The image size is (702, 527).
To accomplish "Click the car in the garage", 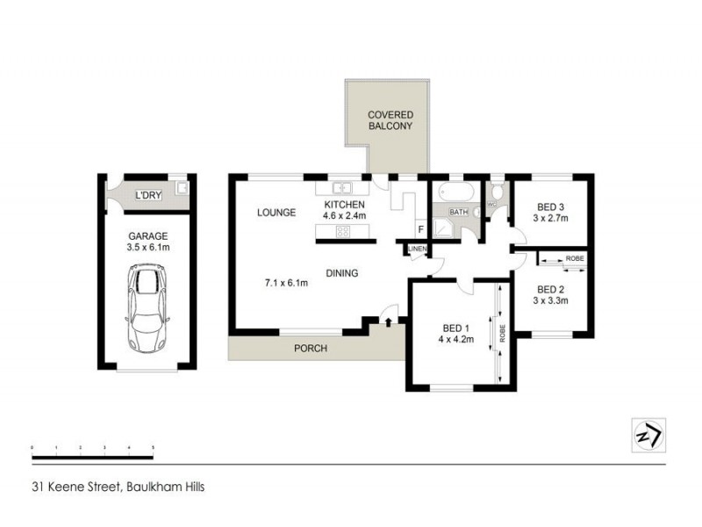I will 147,307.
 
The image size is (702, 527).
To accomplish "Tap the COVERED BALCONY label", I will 390,120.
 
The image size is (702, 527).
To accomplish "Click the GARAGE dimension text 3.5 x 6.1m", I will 148,248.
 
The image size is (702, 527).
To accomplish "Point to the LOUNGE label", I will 276,213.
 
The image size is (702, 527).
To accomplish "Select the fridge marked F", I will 420,231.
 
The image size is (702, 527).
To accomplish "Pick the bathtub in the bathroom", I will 455,191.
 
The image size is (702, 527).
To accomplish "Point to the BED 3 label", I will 550,207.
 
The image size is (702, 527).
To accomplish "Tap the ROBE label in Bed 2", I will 575,259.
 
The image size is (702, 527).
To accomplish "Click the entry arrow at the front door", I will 388,323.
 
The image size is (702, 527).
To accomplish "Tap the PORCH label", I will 311,349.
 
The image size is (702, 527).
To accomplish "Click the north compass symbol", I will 648,434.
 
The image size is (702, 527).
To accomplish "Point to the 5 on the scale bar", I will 153,449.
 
